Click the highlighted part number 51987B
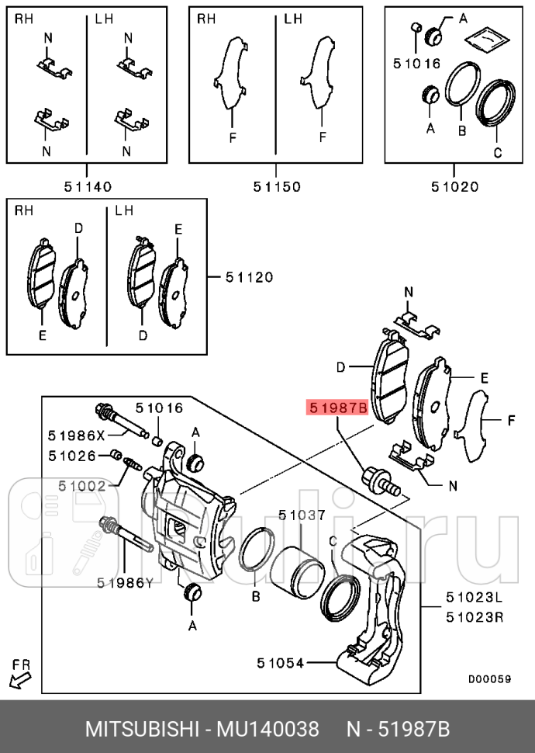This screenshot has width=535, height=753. coord(337,407)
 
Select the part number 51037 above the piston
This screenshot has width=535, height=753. coord(302,514)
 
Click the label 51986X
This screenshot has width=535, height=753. coord(74,435)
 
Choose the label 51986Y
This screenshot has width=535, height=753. coord(125,582)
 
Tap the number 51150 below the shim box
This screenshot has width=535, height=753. coord(276,186)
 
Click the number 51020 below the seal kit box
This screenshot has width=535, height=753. coord(454,186)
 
